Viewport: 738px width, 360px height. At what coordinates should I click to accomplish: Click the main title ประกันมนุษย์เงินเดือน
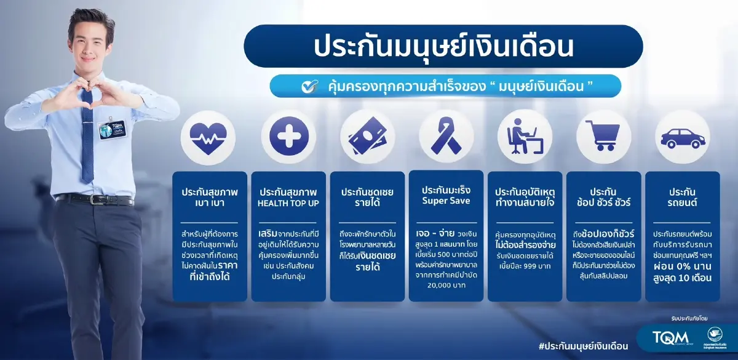443,47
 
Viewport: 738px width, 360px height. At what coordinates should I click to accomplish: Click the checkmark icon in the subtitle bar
309,86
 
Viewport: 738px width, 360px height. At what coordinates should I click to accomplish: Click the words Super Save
446,201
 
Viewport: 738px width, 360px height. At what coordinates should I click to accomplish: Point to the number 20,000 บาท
446,286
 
